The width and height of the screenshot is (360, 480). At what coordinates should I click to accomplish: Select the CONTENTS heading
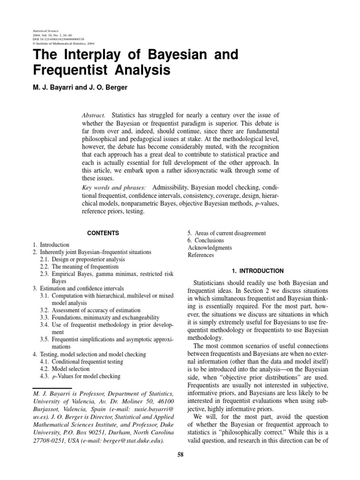point(103,233)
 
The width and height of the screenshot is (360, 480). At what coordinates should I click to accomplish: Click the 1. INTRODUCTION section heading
point(258,271)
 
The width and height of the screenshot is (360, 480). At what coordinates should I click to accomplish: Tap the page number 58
point(180,454)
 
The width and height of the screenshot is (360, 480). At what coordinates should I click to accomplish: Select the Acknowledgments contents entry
point(210,248)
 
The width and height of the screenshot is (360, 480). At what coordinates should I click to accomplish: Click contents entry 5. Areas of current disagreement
point(227,233)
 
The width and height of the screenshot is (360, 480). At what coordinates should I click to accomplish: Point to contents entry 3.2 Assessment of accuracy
point(90,310)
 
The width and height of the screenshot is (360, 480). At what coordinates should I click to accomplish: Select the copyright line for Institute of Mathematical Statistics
point(62,44)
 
